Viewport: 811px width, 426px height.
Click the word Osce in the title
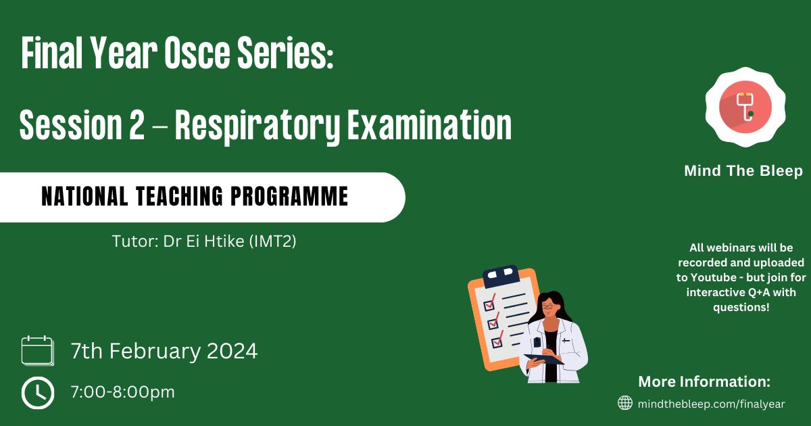coord(197,53)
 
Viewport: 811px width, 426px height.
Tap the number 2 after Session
coord(137,124)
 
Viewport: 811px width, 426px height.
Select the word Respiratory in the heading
coord(257,127)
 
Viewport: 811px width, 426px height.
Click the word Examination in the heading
coord(429,124)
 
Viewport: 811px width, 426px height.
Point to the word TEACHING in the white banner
coord(180,196)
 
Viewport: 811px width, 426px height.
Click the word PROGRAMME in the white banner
coord(290,196)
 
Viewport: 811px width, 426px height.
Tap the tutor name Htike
coord(224,241)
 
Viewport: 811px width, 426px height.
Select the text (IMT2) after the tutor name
coord(272,241)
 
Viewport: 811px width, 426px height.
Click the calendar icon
coord(38,351)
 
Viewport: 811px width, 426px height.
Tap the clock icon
coord(38,393)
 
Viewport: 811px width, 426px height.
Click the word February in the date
coord(155,351)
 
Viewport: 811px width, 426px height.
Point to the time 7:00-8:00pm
coord(123,392)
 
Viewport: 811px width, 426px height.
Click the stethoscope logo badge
coord(745,108)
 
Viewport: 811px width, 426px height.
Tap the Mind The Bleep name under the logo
coord(743,170)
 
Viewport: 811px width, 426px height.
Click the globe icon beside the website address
coord(625,403)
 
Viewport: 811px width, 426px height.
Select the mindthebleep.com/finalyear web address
coord(712,404)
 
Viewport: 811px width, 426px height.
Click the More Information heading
coord(704,381)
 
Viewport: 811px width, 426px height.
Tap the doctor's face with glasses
coord(549,308)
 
